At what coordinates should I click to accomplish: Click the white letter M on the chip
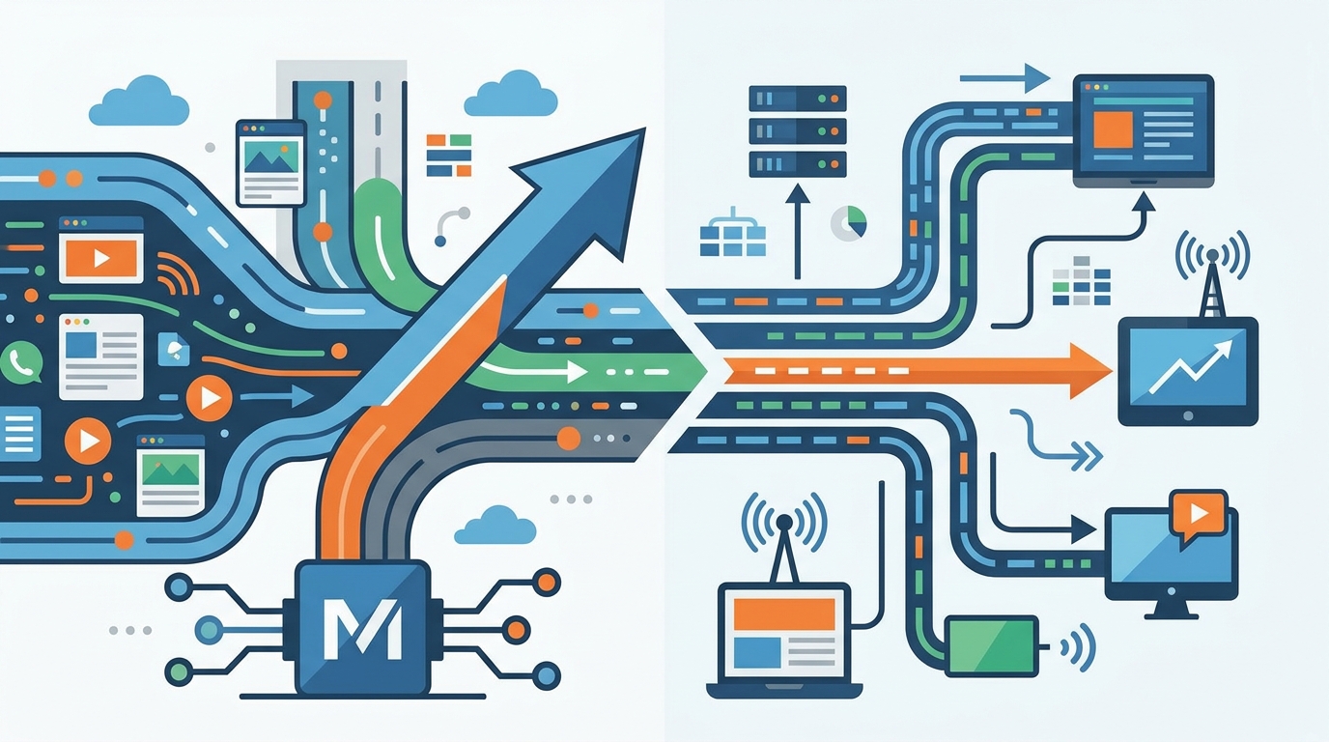362,629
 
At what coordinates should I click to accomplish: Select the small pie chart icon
849,224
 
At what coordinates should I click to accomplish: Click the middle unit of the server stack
798,130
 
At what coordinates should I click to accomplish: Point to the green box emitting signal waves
991,646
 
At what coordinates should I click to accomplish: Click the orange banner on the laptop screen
783,614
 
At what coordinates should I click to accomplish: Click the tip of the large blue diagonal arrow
644,128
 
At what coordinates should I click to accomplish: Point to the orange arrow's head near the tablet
1089,371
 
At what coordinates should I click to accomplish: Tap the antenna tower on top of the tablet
1211,279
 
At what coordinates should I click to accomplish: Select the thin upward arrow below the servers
798,232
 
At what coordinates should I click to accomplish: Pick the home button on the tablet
1188,416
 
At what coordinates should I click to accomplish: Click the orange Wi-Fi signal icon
177,273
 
